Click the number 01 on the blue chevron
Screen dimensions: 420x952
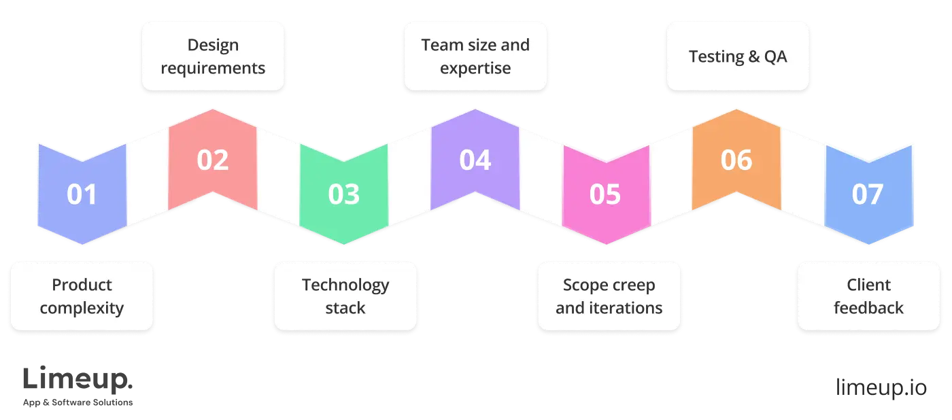(82, 194)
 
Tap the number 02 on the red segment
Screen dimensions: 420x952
(213, 160)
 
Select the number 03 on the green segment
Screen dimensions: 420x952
(343, 194)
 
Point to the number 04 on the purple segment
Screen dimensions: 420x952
(475, 160)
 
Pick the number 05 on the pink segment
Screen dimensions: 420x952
(605, 194)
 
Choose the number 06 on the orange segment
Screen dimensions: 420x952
(736, 160)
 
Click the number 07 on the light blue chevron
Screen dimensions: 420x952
(868, 194)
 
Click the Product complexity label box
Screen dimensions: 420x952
(82, 296)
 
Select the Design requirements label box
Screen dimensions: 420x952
(213, 56)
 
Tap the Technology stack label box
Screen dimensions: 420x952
(345, 296)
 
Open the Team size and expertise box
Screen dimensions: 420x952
(475, 56)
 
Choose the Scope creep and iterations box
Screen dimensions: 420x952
(609, 296)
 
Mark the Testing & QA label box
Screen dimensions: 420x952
(738, 56)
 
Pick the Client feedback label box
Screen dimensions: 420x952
(868, 296)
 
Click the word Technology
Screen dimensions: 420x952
(345, 285)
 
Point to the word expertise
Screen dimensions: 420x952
(475, 69)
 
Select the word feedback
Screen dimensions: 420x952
(868, 308)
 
